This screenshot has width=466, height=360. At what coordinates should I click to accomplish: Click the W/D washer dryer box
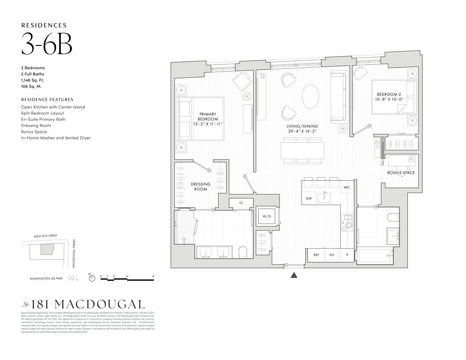266,216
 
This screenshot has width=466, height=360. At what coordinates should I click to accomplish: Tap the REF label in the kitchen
316,255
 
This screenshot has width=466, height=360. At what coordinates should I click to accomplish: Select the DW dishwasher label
309,198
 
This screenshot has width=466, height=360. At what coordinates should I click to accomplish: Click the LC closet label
241,203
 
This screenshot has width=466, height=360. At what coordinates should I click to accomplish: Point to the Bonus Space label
401,173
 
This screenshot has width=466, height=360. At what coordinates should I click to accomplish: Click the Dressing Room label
201,186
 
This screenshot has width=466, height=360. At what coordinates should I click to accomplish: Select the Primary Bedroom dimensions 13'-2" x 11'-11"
208,124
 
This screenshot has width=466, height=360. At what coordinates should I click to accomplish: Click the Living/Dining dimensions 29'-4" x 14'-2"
302,131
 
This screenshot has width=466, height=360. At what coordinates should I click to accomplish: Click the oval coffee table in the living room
310,96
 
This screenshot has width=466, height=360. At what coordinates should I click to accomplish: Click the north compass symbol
92,278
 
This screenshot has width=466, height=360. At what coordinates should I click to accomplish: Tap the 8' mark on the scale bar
154,276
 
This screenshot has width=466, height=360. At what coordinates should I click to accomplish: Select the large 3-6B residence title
47,44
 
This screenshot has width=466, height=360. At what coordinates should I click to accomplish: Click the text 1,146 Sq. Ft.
32,80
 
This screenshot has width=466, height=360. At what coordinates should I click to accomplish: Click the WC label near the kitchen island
346,188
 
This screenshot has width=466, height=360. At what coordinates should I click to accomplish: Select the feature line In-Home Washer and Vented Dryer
56,138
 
